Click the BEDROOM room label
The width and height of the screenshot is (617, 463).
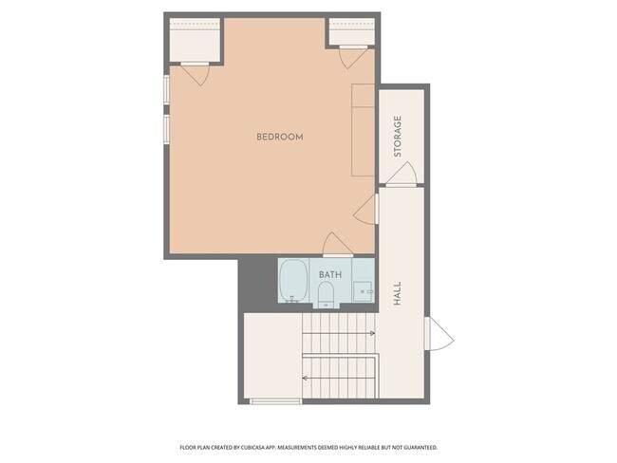(x=280, y=137)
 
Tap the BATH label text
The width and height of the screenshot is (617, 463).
(x=329, y=274)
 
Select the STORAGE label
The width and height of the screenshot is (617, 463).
(x=398, y=136)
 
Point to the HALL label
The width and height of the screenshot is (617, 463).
(x=397, y=293)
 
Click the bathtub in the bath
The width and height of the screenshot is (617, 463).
(x=293, y=281)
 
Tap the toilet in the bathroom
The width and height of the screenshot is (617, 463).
(x=326, y=295)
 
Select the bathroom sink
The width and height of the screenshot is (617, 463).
(x=363, y=291)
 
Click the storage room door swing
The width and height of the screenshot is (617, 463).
(x=401, y=174)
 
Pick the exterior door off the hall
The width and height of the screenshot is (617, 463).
(x=439, y=333)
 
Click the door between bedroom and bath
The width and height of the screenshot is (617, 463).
(x=338, y=245)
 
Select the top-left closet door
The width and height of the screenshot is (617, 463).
(x=195, y=74)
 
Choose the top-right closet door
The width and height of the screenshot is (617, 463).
(x=353, y=57)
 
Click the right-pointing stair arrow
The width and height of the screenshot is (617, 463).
(x=339, y=334)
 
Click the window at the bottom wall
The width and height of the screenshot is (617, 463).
(x=276, y=401)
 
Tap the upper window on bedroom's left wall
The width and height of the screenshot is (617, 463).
(x=167, y=90)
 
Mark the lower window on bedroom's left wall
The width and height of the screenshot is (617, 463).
(x=167, y=129)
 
